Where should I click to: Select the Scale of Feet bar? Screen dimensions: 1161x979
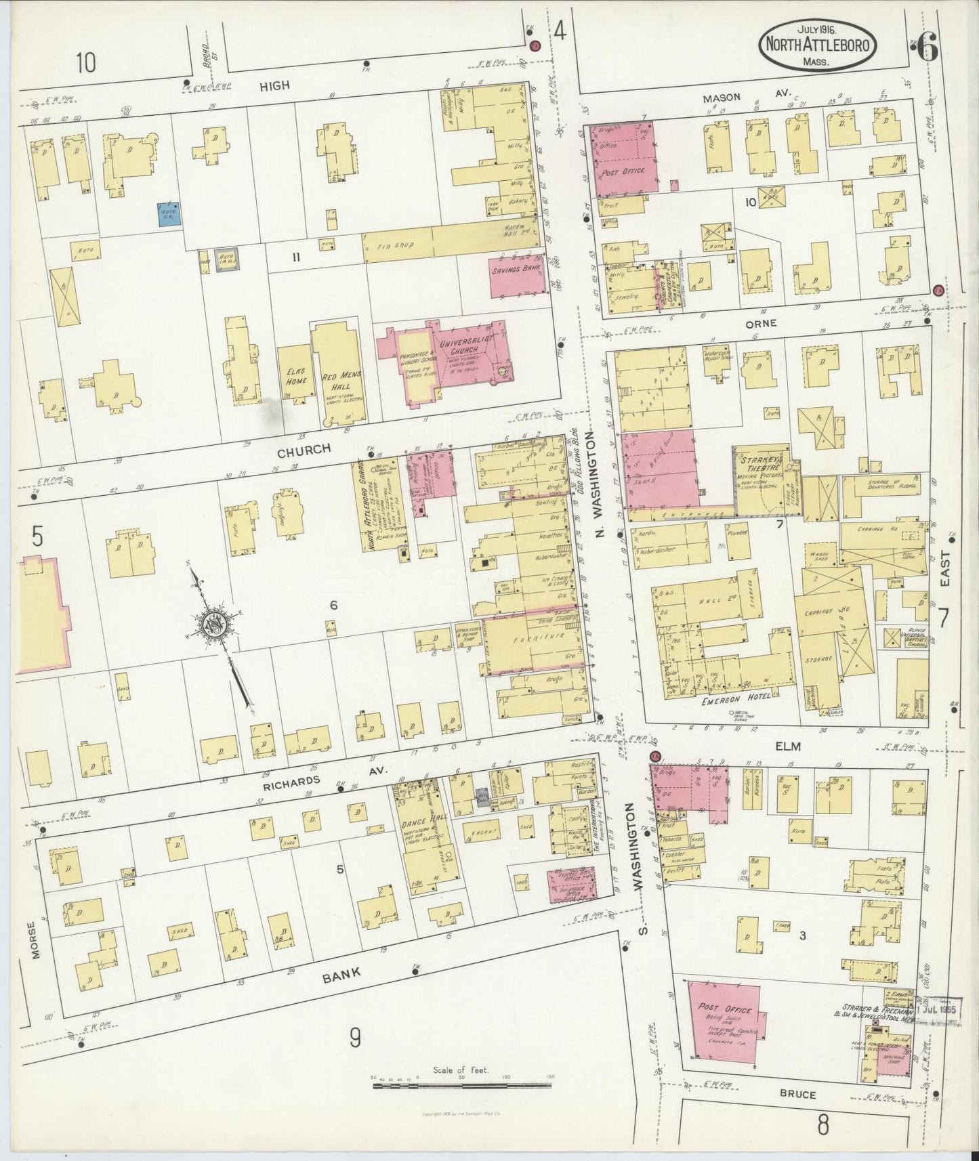461,1085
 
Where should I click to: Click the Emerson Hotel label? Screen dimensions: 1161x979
737,701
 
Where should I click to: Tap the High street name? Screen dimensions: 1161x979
275,85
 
